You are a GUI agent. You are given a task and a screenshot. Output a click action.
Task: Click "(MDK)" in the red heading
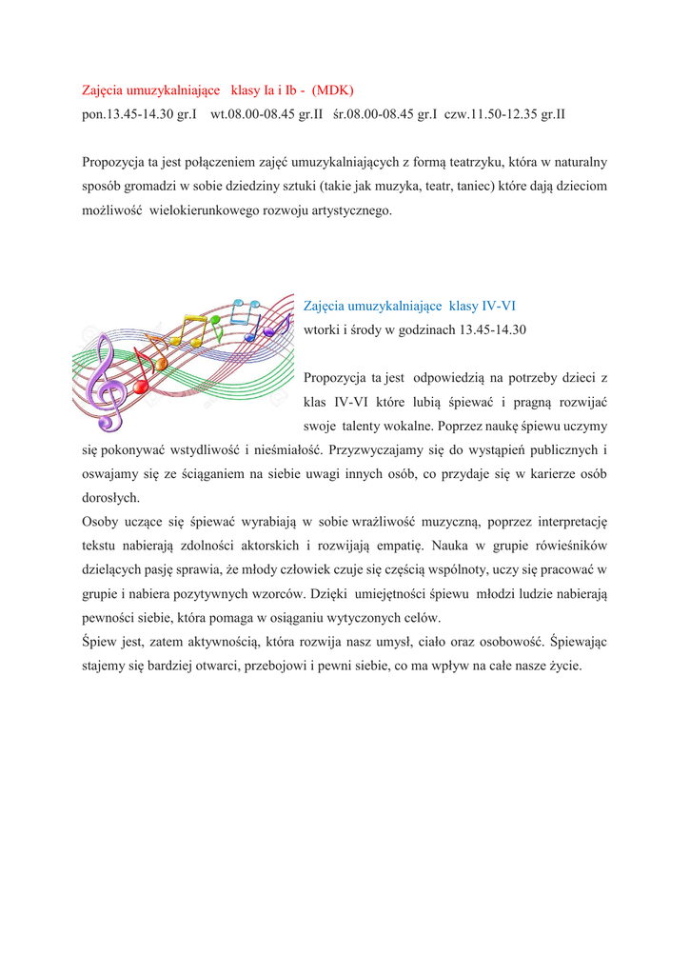[x=335, y=90]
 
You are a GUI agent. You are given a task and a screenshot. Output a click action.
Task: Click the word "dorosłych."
[x=111, y=497]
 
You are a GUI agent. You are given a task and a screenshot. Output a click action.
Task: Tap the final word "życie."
[x=562, y=666]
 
